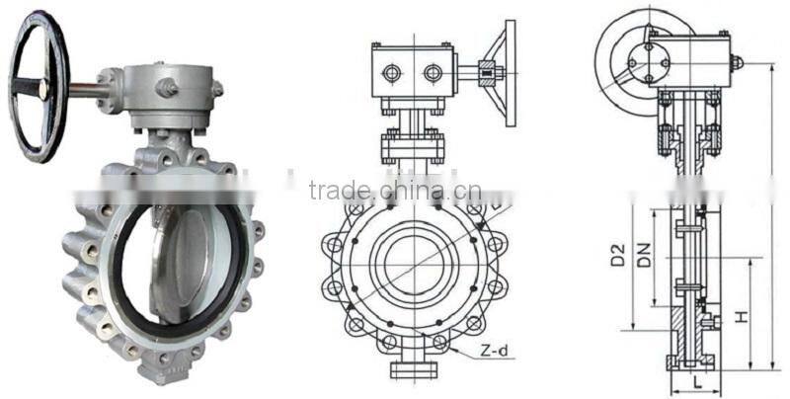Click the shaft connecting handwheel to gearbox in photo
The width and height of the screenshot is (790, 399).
click(x=87, y=93)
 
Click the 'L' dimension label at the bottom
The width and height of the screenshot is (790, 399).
click(x=696, y=378)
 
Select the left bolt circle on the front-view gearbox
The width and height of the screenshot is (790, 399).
click(x=394, y=73)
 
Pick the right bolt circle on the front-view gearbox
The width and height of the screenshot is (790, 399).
click(x=433, y=73)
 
